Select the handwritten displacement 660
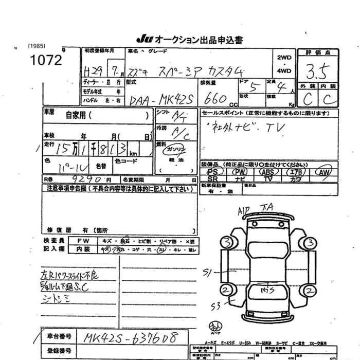(217, 99)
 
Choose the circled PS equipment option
(212, 172)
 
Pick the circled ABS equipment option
(267, 172)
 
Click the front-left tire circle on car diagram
(226, 241)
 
